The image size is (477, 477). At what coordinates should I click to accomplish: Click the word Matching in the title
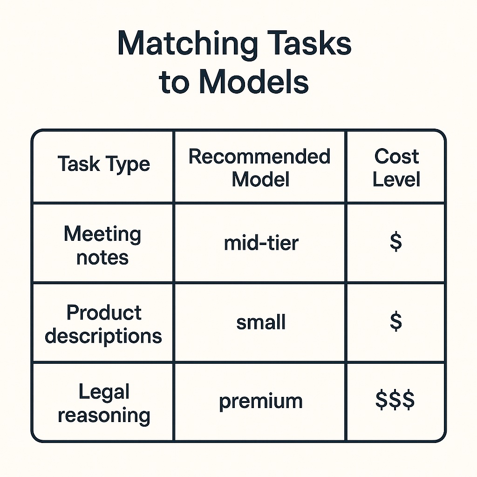188,44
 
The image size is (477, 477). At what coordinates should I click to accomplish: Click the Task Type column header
104,164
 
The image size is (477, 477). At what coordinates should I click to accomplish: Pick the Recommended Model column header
259,168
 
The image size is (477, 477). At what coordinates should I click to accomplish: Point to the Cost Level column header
396,168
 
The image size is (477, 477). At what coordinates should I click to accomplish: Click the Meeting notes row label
102,245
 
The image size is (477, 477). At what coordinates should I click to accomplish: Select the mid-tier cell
261,243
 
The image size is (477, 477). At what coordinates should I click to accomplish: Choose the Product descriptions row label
103,324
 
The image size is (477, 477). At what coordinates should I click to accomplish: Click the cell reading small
261,322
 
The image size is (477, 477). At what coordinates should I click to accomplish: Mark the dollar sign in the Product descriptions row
396,321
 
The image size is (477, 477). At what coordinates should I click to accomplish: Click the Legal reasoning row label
104,404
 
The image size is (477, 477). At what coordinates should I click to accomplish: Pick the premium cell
261,402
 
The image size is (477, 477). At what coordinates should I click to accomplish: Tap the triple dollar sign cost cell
395,400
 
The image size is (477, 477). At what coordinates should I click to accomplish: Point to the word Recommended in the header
259,157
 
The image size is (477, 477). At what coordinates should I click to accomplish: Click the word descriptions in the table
103,336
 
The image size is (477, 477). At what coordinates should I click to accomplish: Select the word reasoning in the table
104,416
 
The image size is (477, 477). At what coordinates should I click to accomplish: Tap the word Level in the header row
396,179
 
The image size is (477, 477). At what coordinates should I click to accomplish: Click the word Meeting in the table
102,234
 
